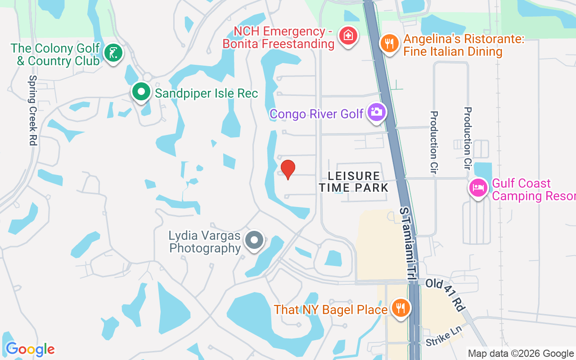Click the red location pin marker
pos(288,170)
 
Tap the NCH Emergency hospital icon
pos(348,35)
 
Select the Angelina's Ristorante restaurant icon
pos(390,43)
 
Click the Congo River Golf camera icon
pos(377,111)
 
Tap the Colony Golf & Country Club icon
pos(112,53)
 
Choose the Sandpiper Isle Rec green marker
pos(141,92)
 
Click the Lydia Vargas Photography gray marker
pos(254,240)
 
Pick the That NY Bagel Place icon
pos(400,308)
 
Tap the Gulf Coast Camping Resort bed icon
pos(478,187)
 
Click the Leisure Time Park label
pos(354,181)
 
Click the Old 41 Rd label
pos(445,295)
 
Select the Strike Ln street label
pos(444,336)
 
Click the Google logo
pos(30,349)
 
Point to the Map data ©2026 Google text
pos(520,354)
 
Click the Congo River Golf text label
pos(316,114)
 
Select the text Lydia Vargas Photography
pos(205,242)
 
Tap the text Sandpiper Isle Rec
pos(207,93)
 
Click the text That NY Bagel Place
pos(331,310)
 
